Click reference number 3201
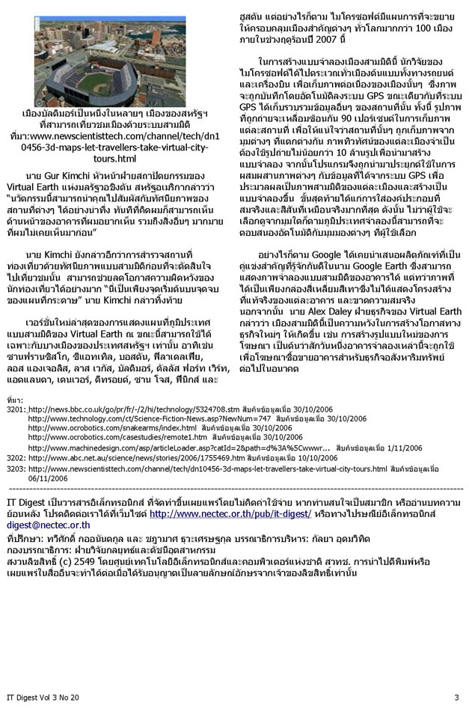pyautogui.click(x=15, y=410)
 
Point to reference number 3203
pyautogui.click(x=15, y=469)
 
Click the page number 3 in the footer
pyautogui.click(x=456, y=698)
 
